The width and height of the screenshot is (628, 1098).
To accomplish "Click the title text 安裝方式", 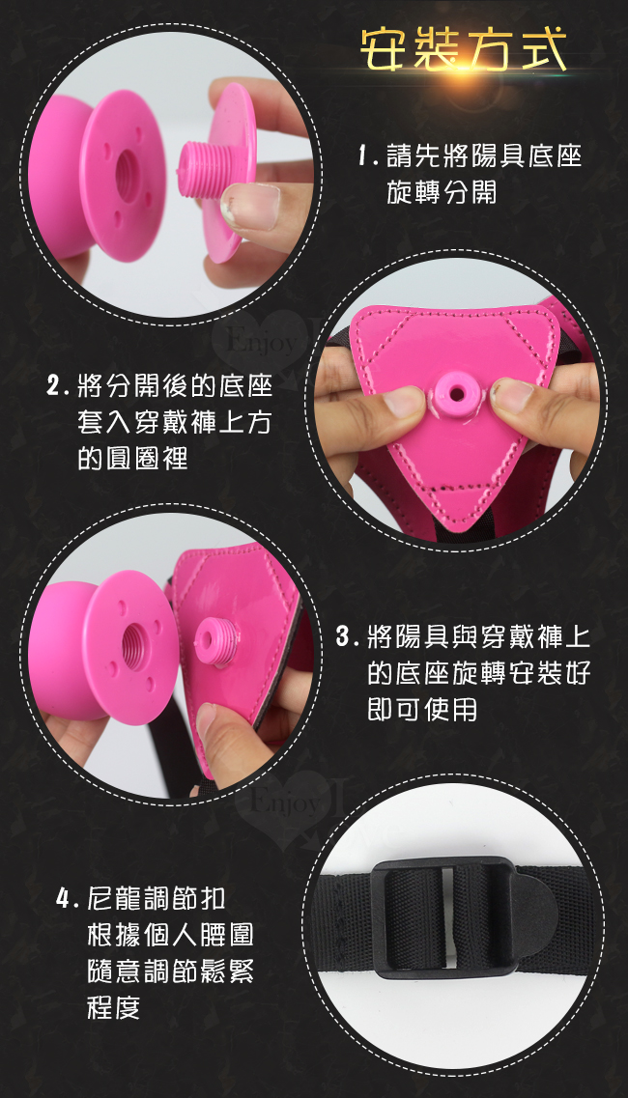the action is click(x=464, y=51).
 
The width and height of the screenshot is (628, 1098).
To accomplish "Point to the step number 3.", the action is click(x=344, y=638).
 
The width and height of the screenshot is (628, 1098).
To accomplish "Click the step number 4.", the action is click(x=64, y=898).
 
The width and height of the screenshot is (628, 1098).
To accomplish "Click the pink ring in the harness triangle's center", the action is click(x=456, y=394).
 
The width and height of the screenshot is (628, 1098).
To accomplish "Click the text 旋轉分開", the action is click(x=442, y=192).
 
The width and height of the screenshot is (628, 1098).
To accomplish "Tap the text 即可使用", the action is click(x=422, y=710).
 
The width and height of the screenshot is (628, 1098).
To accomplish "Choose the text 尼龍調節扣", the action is click(x=157, y=898).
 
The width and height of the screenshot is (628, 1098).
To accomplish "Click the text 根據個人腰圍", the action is click(x=170, y=934).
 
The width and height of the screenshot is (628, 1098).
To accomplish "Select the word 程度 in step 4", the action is click(x=114, y=1007).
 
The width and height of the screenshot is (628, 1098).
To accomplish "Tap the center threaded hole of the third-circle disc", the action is click(x=135, y=646).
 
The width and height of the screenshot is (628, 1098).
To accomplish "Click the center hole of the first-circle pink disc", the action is click(x=128, y=175).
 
